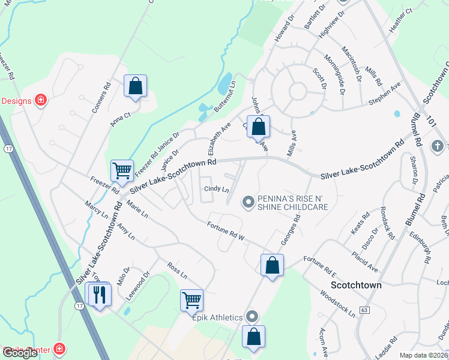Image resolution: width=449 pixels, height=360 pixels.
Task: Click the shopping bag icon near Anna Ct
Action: [x=136, y=86]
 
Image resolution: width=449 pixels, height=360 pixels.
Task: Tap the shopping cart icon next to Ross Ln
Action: [x=191, y=300]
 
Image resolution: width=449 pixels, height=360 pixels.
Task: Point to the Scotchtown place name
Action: [x=357, y=285]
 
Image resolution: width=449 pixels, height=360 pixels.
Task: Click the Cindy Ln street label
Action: [x=217, y=189]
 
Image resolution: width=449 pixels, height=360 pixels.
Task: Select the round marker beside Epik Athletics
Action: [x=252, y=316]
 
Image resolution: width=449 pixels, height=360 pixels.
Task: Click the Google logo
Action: [x=20, y=353]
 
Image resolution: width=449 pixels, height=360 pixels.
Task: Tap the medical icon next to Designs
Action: [x=40, y=100]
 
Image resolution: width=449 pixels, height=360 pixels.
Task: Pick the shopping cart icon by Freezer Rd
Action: [x=122, y=171]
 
